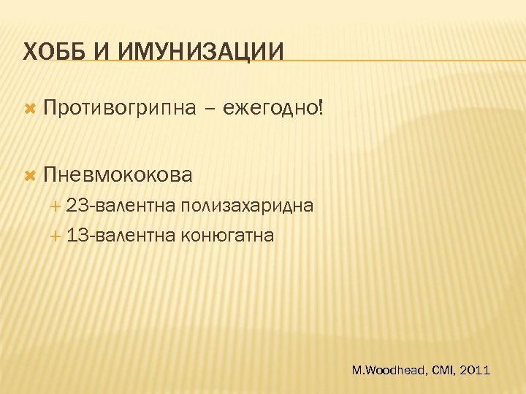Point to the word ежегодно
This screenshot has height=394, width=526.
click(270, 109)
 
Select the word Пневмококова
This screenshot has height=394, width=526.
click(118, 174)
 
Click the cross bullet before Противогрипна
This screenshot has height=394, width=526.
click(30, 109)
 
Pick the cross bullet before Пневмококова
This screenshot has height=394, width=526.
click(30, 174)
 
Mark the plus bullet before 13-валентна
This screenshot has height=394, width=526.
click(56, 236)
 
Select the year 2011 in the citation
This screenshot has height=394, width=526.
click(476, 371)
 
